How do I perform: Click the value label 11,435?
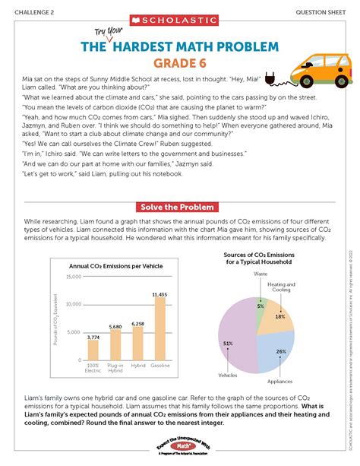159,293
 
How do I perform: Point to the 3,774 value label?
93,336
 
